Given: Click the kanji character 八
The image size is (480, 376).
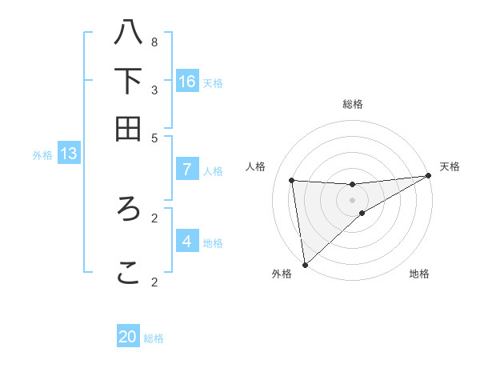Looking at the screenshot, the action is pos(128,33).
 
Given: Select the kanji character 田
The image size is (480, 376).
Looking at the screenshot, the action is pos(128,128).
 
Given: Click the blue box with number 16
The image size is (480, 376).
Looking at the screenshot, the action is pos(187,81).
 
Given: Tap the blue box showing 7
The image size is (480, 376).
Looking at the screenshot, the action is pos(187,170).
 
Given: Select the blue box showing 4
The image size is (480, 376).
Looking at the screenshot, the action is pos(187,241).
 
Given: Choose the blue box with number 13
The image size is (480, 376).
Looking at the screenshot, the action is pos(69,154).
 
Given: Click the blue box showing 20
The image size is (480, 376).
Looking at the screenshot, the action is pos(128,337).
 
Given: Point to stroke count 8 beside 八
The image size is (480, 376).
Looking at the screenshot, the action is pos(154,42).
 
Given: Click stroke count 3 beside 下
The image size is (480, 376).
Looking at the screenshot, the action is pos(154,89).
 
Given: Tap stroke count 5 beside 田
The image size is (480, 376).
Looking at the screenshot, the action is pos(154,137).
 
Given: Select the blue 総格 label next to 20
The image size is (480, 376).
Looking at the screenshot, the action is pos(154,338).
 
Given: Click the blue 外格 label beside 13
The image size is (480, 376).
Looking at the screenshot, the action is pos(42,155).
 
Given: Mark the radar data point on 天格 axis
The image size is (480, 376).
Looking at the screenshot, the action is pos(428,176).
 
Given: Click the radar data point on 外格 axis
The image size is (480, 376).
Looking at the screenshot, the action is pos(305,265).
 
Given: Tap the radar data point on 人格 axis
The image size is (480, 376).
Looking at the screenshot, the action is pos(291,180).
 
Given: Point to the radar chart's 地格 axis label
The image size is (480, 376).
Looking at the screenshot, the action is pos(419,274).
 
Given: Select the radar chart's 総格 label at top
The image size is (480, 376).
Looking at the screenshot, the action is pos(353,104).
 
